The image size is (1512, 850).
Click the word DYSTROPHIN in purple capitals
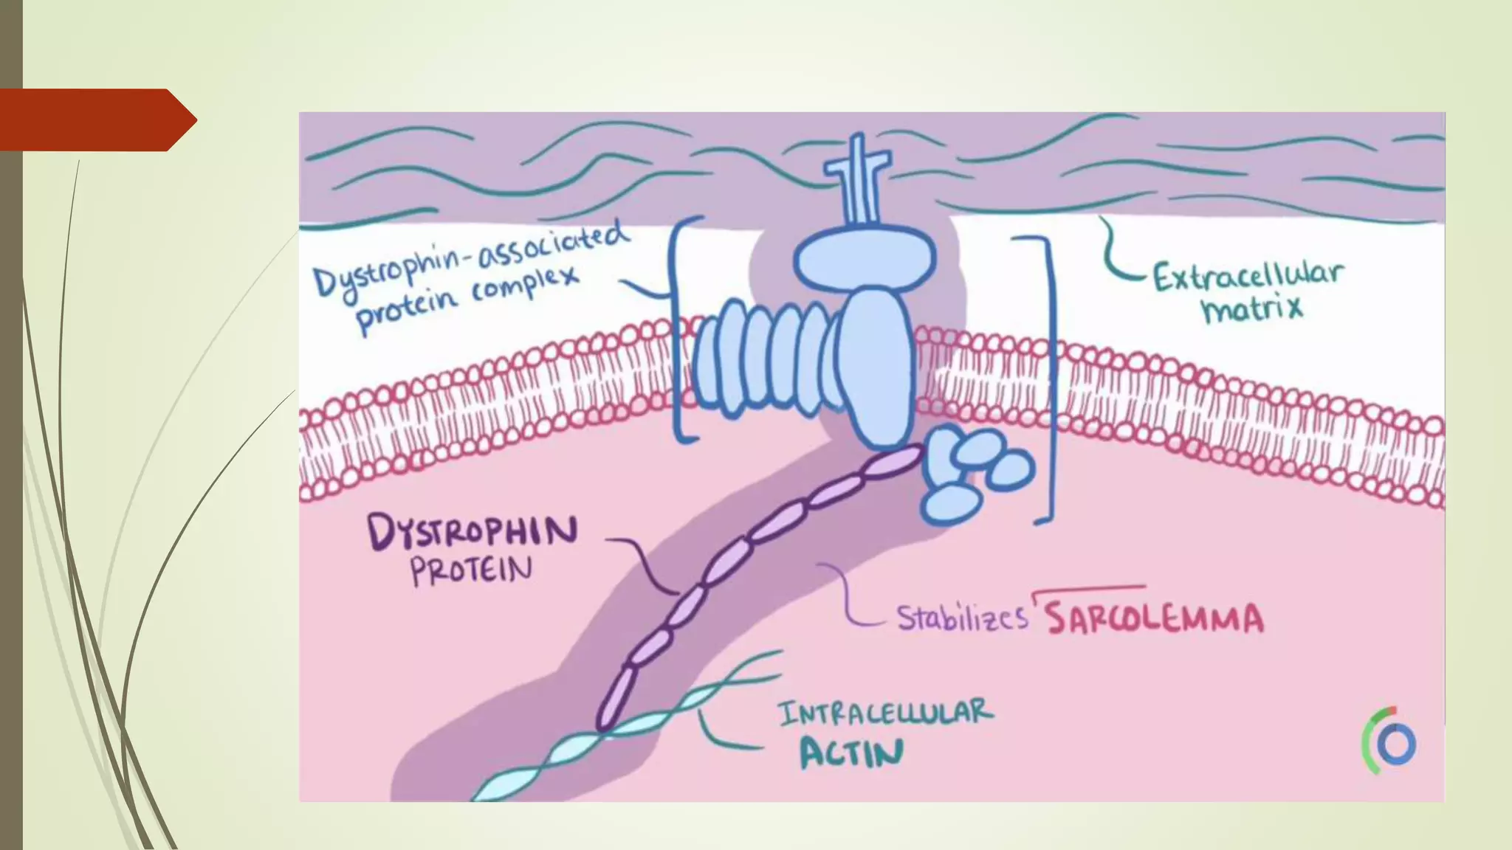point(472,531)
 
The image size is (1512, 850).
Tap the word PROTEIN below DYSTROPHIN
point(471,570)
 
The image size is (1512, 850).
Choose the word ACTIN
point(851,753)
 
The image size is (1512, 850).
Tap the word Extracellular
point(1248,276)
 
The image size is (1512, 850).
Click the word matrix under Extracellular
point(1252,308)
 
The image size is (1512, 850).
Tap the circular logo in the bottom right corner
point(1390,742)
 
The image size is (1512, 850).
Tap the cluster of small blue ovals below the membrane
point(975,472)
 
